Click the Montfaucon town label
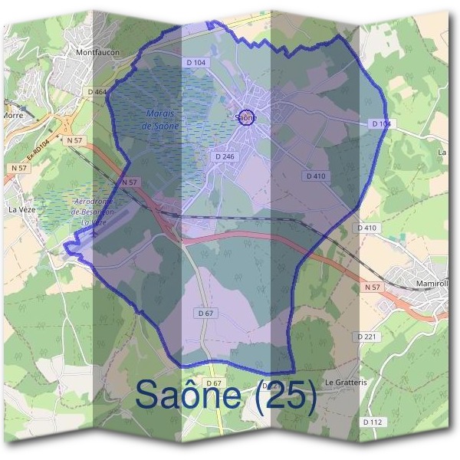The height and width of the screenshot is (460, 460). coord(96,52)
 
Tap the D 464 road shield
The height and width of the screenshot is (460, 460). coord(97,92)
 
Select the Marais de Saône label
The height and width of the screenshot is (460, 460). coord(162,119)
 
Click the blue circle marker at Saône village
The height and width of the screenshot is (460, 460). coord(246,117)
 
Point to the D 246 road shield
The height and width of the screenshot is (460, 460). coord(224,156)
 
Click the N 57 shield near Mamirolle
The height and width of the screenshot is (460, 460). coord(373,287)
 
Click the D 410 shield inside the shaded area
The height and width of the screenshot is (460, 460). coord(316,176)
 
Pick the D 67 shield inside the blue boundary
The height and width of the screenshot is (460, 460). coord(205,313)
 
